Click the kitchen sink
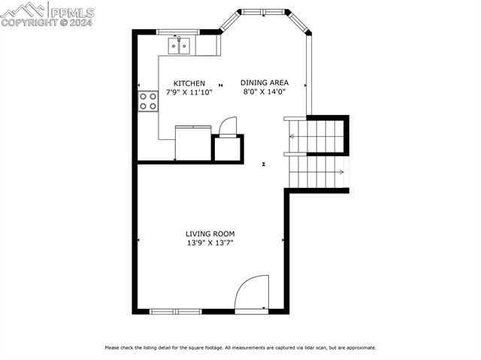pos(179,47)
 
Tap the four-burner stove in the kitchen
pos(148,101)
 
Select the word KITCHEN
pos(189,83)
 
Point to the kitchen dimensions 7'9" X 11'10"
pos(189,93)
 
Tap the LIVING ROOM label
pos(210,234)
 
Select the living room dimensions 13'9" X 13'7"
pos(210,244)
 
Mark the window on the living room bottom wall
pos(175,310)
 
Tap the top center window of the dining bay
pos(264,11)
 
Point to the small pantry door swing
pos(227,125)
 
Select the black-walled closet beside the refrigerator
pos(228,148)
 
